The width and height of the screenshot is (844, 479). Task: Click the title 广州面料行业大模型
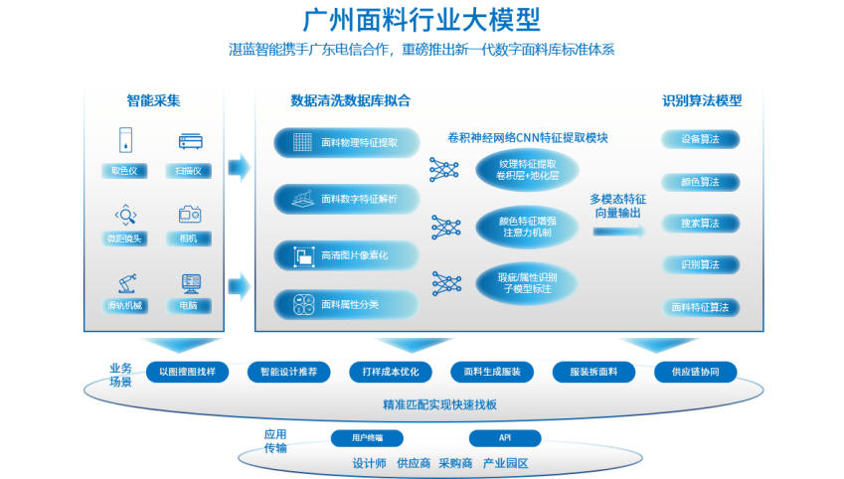pos(422,20)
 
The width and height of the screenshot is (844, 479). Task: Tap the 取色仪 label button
pos(124,170)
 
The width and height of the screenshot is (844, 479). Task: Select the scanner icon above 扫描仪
pos(190,141)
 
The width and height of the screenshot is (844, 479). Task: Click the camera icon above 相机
pos(190,213)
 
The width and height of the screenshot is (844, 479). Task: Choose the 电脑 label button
pos(189,305)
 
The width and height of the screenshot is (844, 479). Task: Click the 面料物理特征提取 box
pos(345,142)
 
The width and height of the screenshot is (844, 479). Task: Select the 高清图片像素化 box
pos(345,255)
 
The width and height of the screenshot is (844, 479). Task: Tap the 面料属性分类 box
pos(345,304)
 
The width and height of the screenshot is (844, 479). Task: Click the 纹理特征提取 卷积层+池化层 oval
pos(527,168)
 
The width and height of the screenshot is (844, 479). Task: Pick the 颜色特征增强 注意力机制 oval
pos(527,227)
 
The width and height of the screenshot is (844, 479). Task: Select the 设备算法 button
pos(700,139)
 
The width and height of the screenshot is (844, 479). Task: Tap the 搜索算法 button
pos(700,224)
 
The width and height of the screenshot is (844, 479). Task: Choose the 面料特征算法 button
pos(700,307)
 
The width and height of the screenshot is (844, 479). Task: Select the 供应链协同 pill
pos(696,372)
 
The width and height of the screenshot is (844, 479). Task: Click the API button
pos(505,437)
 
